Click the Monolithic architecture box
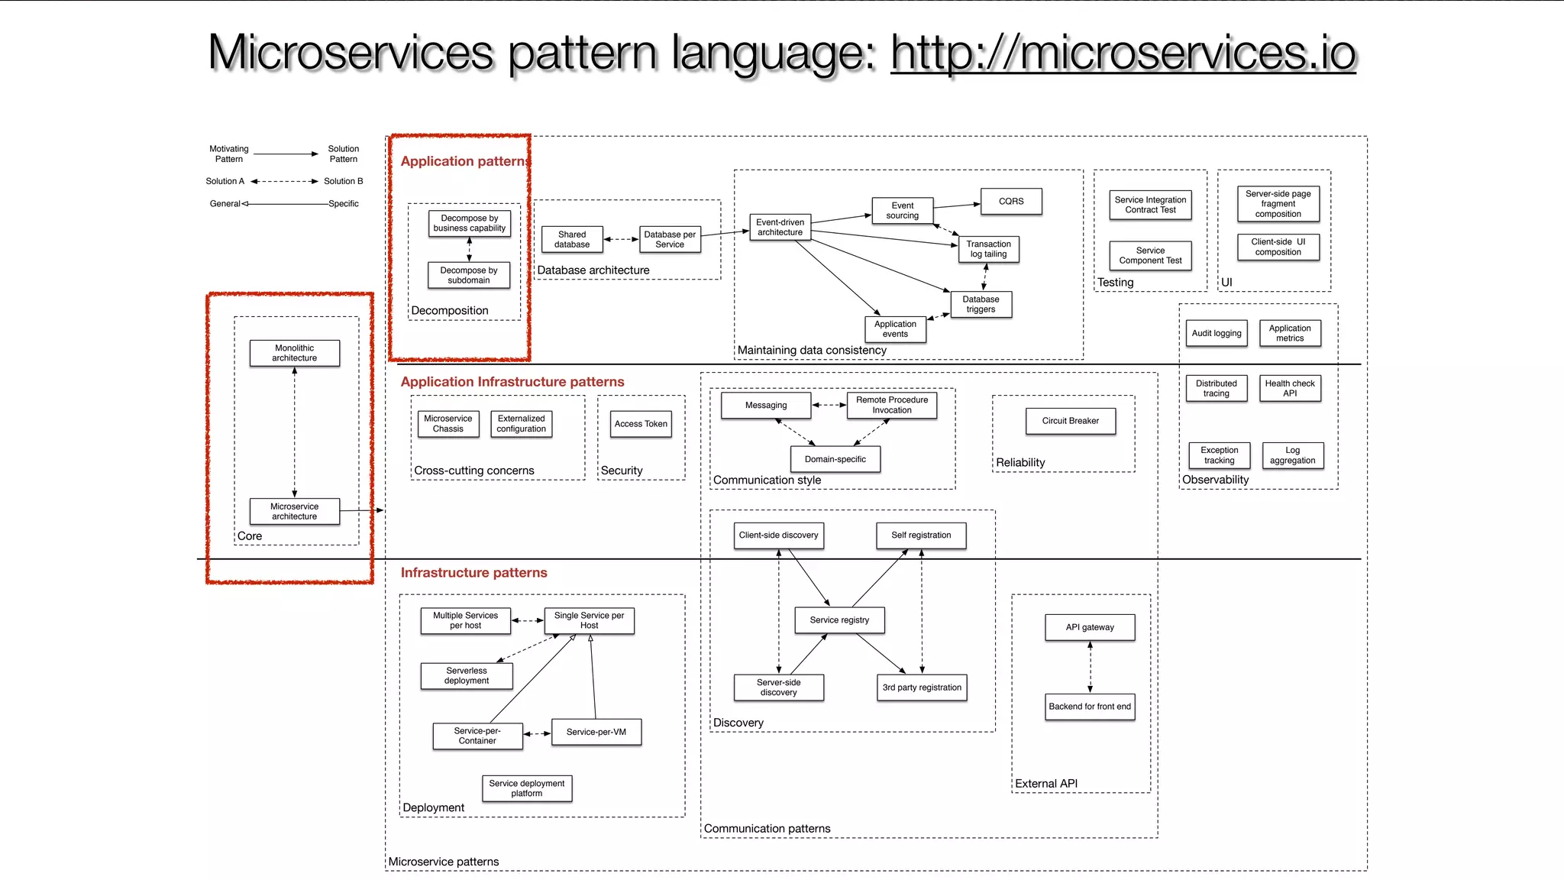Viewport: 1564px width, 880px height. pos(294,353)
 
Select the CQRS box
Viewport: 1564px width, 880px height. pos(1010,201)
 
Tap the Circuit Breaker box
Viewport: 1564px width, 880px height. pos(1070,421)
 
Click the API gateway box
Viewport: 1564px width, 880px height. pos(1090,627)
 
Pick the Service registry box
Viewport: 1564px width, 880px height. pos(839,620)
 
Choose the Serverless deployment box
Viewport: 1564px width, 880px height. pos(467,675)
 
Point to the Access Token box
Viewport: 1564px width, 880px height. pos(641,424)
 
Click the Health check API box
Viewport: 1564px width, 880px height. pos(1289,388)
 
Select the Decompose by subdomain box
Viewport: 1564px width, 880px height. pos(469,275)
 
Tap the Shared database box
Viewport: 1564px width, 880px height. pos(572,239)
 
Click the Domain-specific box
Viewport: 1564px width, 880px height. pos(835,459)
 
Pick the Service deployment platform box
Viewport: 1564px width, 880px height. pos(526,788)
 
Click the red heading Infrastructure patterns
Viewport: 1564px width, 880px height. pos(473,573)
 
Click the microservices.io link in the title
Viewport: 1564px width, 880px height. pos(1123,53)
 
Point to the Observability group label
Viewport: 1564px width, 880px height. pos(1215,480)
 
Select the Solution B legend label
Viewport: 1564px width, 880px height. pos(343,181)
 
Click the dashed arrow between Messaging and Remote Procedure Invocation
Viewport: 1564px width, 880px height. pos(829,405)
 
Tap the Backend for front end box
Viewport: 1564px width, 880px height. pos(1090,707)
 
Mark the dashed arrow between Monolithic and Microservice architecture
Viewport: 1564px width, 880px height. pos(295,432)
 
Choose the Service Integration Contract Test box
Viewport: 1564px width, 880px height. pos(1150,205)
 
